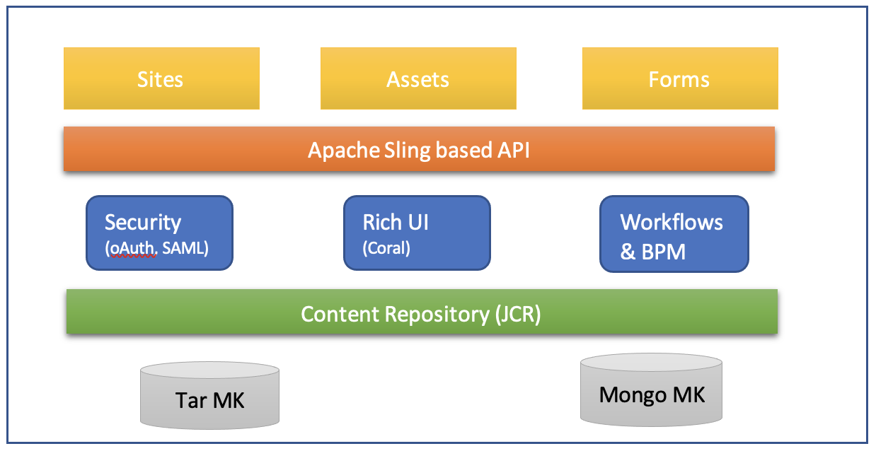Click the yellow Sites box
(161, 78)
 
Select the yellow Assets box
(418, 78)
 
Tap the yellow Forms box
(680, 78)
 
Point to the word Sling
(408, 151)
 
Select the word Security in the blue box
(143, 223)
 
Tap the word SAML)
(185, 248)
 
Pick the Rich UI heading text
(396, 223)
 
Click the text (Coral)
(386, 248)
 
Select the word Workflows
(672, 223)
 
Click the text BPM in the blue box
(664, 252)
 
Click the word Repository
(437, 315)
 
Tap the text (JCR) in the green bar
(518, 314)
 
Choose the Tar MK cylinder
(210, 395)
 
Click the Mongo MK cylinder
(652, 389)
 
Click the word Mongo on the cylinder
(633, 395)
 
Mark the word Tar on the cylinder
(191, 400)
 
